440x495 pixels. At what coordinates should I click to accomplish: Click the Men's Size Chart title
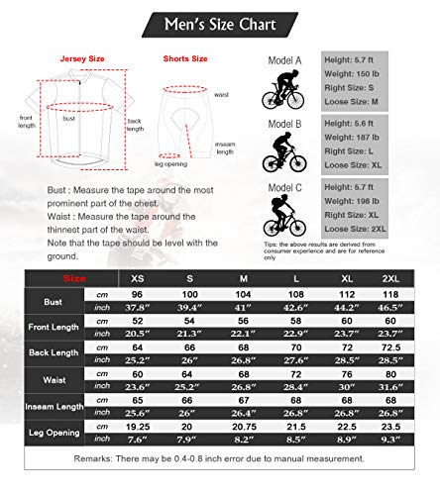(219, 22)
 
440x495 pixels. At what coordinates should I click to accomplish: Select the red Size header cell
(73, 279)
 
